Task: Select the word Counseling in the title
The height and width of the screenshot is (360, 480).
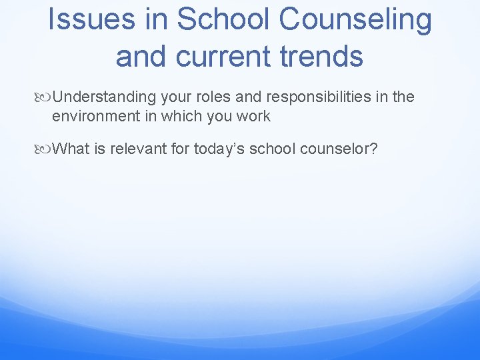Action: [355, 20]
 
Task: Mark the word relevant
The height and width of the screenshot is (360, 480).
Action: [139, 148]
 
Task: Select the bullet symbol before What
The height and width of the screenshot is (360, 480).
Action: [44, 149]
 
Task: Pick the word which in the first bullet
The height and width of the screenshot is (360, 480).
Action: [178, 116]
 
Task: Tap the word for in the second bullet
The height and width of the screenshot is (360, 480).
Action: [181, 148]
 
